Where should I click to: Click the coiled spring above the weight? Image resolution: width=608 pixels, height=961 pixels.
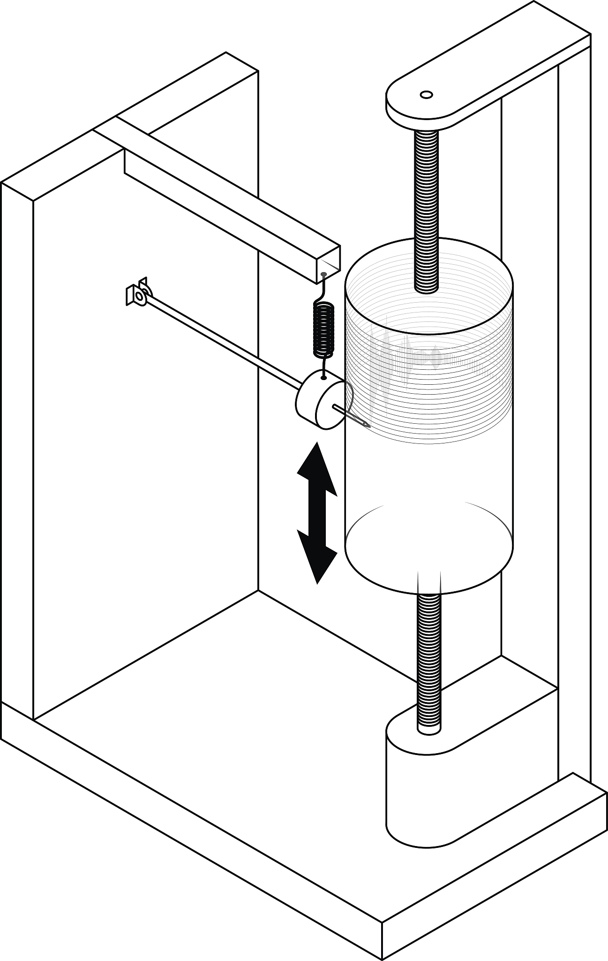[323, 329]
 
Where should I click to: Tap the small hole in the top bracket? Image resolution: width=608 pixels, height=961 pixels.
[426, 95]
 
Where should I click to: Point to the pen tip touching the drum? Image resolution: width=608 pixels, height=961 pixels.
[368, 426]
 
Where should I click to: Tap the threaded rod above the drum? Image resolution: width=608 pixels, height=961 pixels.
[426, 206]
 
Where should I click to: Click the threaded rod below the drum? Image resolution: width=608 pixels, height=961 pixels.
[428, 657]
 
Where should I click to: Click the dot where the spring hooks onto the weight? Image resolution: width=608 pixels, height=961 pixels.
[323, 377]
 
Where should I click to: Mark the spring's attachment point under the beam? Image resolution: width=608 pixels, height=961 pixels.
[323, 274]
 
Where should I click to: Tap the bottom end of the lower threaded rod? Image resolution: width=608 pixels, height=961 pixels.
[428, 730]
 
